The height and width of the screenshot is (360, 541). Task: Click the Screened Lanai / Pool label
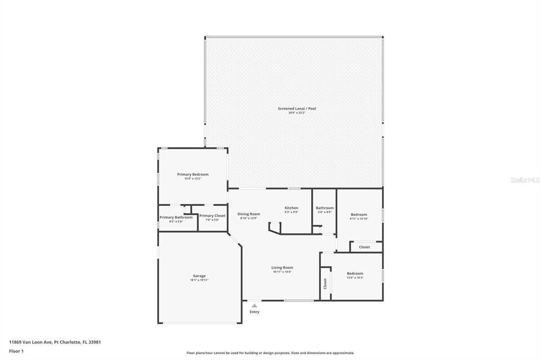[297, 109]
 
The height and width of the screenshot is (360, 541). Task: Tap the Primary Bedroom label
[192, 175]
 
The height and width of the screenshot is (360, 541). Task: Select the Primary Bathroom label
[176, 217]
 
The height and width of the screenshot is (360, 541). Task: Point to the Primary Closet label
[212, 216]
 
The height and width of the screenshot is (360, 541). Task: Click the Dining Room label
[248, 214]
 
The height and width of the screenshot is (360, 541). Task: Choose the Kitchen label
[291, 208]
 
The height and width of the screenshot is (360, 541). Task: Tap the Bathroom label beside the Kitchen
[324, 208]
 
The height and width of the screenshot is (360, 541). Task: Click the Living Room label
[283, 268]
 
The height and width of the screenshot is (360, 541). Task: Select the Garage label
[199, 276]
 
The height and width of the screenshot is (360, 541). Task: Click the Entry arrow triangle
[254, 305]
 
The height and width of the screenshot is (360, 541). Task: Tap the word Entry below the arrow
[254, 312]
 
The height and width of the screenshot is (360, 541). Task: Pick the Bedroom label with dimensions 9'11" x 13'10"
[359, 215]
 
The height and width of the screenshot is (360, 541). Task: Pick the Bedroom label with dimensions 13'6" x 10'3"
[355, 273]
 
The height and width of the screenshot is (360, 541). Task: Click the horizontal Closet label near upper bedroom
[365, 247]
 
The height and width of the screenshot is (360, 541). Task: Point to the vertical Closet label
[325, 284]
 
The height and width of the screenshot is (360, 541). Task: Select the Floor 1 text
[16, 350]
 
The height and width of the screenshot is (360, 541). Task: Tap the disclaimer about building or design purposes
[270, 353]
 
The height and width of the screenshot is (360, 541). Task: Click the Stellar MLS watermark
[525, 180]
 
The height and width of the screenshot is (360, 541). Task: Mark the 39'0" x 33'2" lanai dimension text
[297, 113]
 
